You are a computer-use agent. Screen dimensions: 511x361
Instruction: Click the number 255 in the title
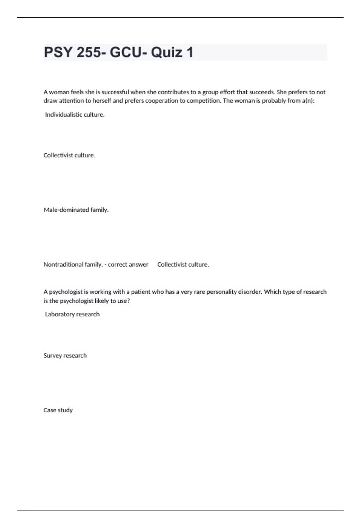[x=89, y=53]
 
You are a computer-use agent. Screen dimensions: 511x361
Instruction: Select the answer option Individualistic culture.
[x=75, y=115]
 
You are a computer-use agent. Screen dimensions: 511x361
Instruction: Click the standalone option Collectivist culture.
[x=69, y=155]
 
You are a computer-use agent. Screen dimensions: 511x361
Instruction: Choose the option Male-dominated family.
[x=76, y=210]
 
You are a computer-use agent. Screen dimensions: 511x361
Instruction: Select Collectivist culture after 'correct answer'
[x=183, y=265]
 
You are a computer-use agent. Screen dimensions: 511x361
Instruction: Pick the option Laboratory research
[x=72, y=314]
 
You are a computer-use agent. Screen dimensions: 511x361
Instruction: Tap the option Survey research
[x=65, y=356]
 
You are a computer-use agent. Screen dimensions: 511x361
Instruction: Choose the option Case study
[x=58, y=410]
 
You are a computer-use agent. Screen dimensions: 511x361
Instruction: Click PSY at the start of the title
[x=58, y=53]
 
